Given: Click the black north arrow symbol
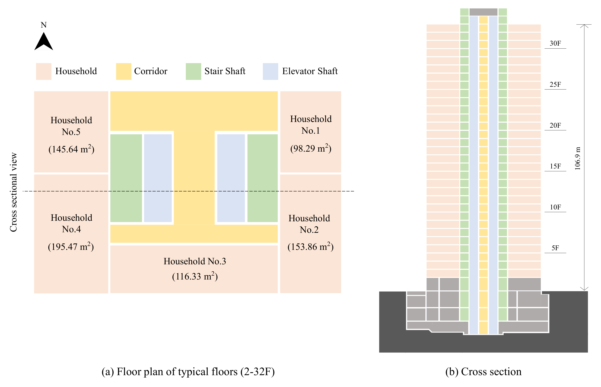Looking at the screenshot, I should pos(44,42).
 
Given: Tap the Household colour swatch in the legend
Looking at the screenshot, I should pos(44,71).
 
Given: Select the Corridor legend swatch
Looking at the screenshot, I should pos(123,71).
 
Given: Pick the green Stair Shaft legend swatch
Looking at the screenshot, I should pos(193,71).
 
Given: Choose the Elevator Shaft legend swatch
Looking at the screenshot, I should pos(270,71).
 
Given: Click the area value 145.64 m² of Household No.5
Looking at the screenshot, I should pos(71,149).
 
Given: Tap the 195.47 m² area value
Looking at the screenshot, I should pos(71,247).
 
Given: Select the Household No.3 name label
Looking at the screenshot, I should pos(195,261).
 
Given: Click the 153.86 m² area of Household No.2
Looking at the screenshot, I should pos(310,247).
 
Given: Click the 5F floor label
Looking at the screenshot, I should pos(555,248).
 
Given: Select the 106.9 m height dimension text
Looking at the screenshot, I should pos(578,158).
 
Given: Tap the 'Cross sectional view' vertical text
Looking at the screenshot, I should pos(13,192).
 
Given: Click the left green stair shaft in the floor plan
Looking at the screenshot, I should pos(126,178).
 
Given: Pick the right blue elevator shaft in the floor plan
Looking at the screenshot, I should pos(231,178).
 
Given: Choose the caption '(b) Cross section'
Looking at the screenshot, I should pos(483,371).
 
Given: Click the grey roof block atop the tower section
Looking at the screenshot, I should pos(483,12).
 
